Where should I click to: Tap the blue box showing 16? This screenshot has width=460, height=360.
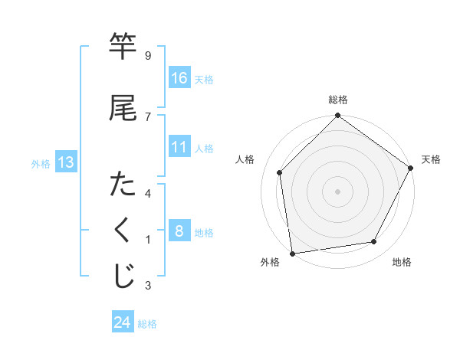click(x=179, y=78)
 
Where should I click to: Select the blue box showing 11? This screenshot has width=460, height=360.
click(x=179, y=147)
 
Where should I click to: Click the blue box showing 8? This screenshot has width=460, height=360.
click(x=179, y=231)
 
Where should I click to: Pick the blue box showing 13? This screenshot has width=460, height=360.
click(x=65, y=162)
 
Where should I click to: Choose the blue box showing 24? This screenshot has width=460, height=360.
click(x=123, y=322)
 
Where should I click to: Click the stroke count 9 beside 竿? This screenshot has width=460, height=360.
click(x=147, y=55)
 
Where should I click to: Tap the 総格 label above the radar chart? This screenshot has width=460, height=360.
click(x=338, y=100)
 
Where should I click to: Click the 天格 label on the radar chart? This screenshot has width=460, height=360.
click(x=431, y=159)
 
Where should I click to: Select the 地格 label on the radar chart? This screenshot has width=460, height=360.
click(x=402, y=262)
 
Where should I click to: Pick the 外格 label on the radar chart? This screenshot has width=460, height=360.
click(x=270, y=262)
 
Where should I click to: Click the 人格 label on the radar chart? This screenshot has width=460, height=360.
click(x=245, y=159)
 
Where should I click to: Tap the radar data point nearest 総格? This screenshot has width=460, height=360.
click(x=337, y=117)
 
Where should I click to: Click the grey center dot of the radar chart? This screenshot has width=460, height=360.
click(x=337, y=191)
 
